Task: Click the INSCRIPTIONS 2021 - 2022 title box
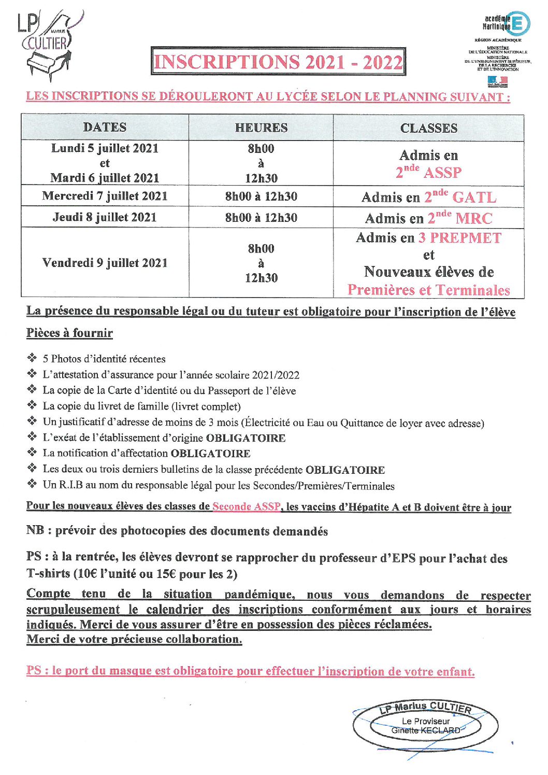coord(278,62)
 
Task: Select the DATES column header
coord(105,128)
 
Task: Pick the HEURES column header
coord(261,128)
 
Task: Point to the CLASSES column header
coord(428,129)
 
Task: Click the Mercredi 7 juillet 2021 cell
coord(105,196)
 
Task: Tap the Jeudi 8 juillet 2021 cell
coord(105,217)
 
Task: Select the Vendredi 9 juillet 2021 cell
coord(105,263)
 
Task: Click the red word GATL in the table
coord(474,198)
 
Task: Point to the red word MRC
coord(474,218)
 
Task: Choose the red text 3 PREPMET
coord(460,238)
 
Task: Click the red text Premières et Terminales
coord(428,290)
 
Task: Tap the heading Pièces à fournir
coord(69,333)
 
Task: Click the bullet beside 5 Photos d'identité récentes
coord(32,358)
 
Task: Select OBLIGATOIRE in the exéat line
coord(246,438)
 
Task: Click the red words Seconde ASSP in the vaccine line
coord(247,506)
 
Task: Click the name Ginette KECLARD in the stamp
coord(426,730)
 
